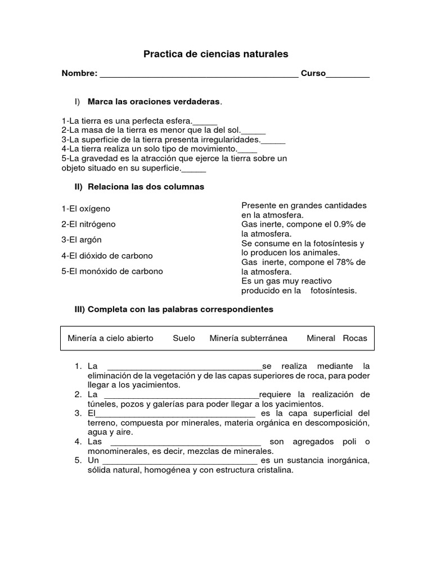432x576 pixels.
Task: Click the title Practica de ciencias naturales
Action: (215, 54)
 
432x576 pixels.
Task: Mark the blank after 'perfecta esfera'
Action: (205, 121)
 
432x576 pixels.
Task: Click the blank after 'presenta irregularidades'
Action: (273, 141)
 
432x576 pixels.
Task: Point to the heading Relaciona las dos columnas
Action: (143, 186)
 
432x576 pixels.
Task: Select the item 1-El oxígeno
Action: (86, 209)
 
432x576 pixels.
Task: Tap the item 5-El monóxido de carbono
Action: (112, 271)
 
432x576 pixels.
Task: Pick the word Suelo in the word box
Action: (184, 338)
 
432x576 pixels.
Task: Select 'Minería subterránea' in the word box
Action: (248, 338)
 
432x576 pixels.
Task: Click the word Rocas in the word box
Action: (354, 338)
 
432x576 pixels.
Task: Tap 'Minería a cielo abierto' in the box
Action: (110, 338)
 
